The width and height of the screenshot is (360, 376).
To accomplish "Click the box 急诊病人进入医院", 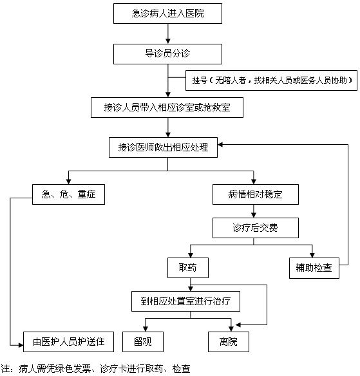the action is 167,14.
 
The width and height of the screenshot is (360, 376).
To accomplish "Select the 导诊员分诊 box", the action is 167,54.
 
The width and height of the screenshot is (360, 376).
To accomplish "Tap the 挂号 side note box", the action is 271,80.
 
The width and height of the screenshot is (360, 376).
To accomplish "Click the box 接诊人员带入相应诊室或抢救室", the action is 167,108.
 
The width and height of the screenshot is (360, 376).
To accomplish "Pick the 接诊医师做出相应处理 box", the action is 163,147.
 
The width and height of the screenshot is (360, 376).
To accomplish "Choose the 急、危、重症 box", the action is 69,194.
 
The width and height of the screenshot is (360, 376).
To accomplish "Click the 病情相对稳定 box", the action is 256,194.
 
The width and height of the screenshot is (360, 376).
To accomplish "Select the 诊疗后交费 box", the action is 256,228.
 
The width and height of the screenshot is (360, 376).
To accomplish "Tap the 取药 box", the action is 188,268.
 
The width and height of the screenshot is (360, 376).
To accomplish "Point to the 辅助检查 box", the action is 314,268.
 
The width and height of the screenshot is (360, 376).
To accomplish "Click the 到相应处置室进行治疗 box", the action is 185,301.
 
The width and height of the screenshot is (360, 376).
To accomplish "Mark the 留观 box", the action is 143,342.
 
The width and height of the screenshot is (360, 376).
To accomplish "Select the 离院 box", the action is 229,342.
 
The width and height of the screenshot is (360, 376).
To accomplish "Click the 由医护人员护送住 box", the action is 68,342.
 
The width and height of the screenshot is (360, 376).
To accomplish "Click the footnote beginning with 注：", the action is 95,369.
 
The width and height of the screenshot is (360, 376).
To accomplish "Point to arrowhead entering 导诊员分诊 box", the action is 168,41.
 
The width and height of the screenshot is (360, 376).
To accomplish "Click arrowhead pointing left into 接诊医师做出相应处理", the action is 220,145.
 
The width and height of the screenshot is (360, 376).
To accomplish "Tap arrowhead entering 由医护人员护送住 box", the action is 21,345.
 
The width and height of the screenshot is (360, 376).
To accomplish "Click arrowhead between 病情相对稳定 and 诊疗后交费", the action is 254,215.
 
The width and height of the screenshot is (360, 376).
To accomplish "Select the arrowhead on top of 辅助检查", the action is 312,255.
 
